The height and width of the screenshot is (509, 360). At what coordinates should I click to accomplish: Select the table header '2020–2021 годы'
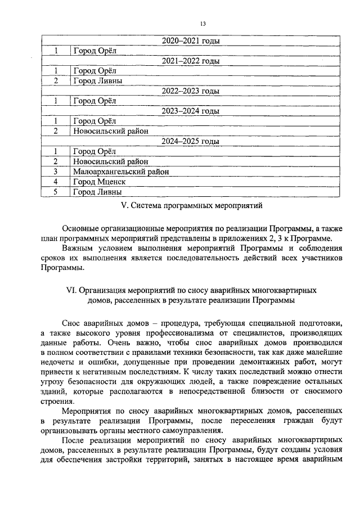[x=191, y=41]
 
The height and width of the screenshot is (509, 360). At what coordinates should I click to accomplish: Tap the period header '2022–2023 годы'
[x=191, y=91]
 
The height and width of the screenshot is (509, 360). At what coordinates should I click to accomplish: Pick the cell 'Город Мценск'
[x=99, y=182]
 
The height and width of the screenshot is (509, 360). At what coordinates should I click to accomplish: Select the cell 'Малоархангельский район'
[x=121, y=172]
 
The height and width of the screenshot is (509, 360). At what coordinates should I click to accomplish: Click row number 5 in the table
[x=56, y=192]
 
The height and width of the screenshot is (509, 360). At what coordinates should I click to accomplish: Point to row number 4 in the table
[x=56, y=182]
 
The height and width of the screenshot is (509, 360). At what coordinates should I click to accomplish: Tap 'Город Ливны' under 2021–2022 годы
[x=97, y=80]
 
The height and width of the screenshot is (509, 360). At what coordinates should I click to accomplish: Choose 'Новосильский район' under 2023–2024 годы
[x=110, y=131]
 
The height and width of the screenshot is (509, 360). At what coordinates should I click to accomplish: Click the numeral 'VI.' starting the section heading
[x=71, y=290]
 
